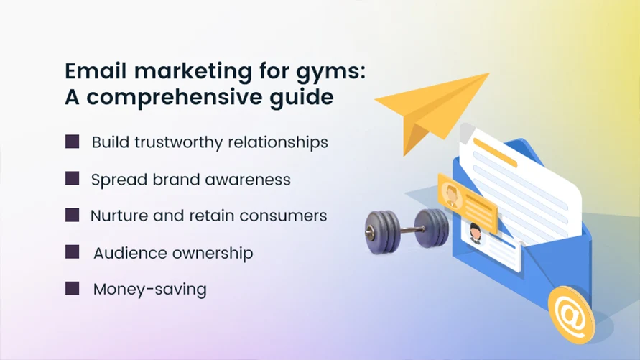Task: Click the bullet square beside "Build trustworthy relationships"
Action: coord(73,142)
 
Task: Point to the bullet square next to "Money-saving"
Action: coord(73,289)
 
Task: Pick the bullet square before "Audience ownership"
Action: coord(73,252)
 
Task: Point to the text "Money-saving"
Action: coord(149,290)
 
